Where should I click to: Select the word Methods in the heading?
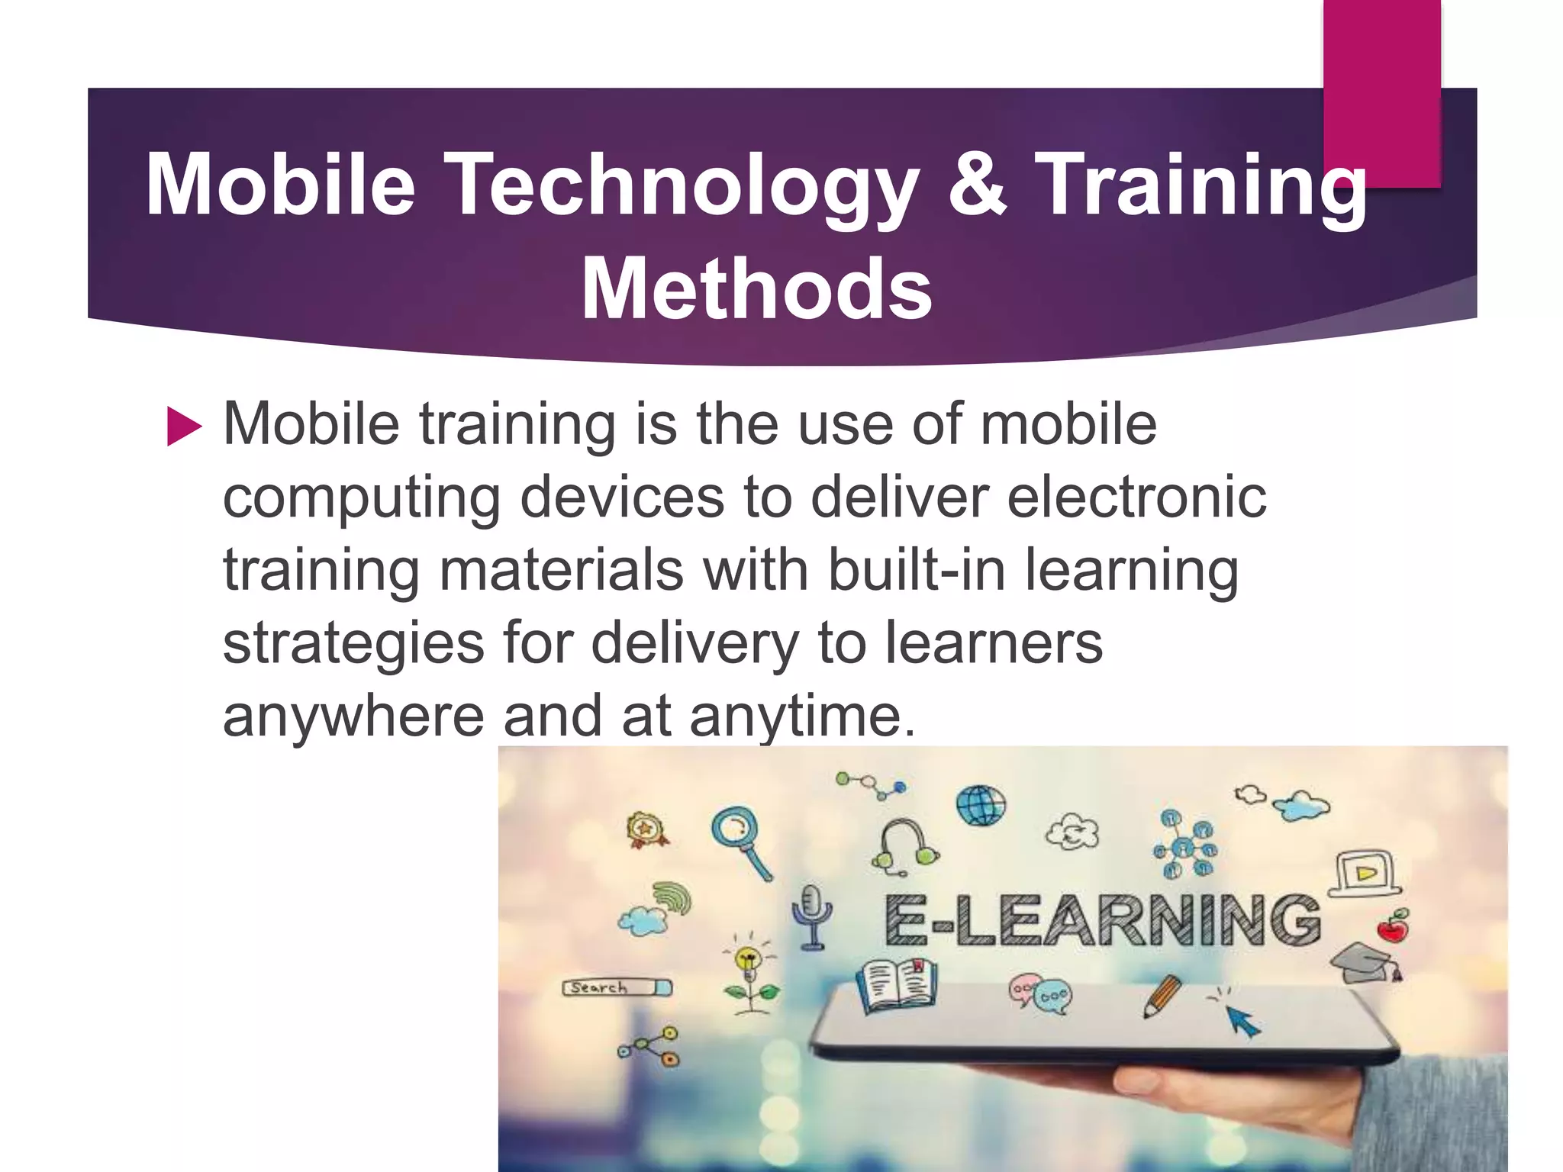[756, 288]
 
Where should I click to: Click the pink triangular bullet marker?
[184, 427]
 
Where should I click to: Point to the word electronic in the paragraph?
[1136, 497]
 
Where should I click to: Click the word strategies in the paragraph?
[353, 642]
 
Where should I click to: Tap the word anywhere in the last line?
[353, 716]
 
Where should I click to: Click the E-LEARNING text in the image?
[1102, 921]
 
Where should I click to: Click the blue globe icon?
[981, 805]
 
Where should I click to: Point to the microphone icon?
[811, 916]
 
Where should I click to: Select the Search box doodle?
[617, 988]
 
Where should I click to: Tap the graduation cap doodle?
[1365, 963]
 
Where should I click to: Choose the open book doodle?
[897, 986]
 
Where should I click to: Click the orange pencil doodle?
[1162, 996]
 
